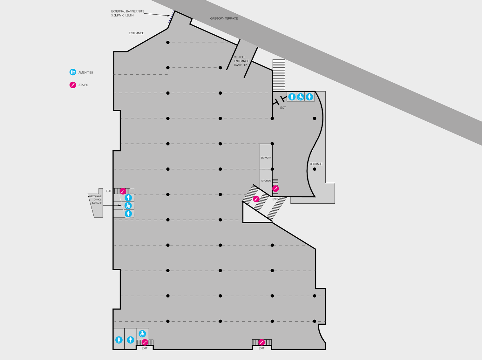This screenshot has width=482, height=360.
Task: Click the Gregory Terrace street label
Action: [x=224, y=18]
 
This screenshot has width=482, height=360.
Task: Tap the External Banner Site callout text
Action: [x=127, y=13]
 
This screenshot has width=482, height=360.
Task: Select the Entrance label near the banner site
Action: [x=136, y=33]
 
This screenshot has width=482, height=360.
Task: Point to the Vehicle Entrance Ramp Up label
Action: [x=241, y=61]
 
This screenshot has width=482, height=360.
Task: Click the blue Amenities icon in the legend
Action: [x=73, y=72]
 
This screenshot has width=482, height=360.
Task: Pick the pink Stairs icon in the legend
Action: [x=73, y=85]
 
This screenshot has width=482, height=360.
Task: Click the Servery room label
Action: [x=266, y=158]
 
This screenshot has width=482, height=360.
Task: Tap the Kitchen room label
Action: [x=266, y=181]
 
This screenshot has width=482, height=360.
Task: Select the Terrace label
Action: [x=316, y=164]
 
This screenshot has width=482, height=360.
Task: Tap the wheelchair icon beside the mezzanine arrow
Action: [x=128, y=206]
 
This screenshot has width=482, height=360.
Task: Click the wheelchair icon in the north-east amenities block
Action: [x=301, y=97]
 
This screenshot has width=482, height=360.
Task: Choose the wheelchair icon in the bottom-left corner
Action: [x=142, y=334]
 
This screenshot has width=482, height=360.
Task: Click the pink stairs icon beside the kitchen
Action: [x=275, y=189]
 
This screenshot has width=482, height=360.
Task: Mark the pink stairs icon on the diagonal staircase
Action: [x=256, y=199]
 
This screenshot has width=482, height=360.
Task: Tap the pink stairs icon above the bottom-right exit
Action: [x=261, y=342]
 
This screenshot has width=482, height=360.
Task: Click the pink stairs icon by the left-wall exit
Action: [x=123, y=191]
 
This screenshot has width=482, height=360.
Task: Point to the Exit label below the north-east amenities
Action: [x=283, y=108]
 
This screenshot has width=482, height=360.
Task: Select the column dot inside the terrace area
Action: [x=314, y=169]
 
